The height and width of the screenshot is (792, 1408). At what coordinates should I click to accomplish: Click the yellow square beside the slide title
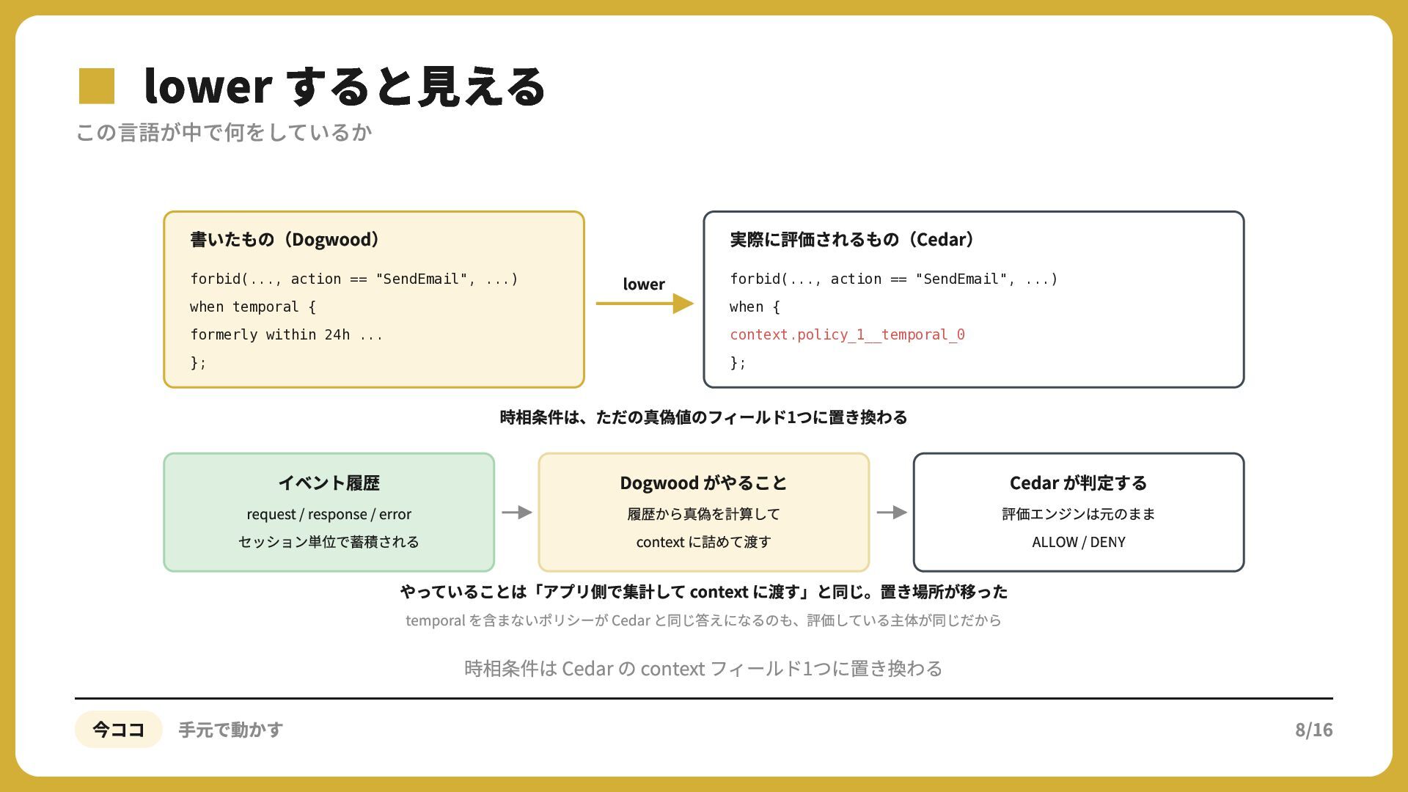(x=97, y=86)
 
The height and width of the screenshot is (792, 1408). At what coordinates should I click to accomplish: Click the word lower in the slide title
(x=208, y=87)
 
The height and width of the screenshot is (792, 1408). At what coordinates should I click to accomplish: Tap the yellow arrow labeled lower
(x=645, y=304)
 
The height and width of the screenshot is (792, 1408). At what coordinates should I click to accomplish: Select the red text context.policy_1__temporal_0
(x=847, y=335)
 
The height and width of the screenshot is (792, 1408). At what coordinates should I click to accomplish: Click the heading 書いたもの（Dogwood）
(x=285, y=240)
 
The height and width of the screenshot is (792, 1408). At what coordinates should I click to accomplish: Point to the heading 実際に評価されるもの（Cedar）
(x=851, y=240)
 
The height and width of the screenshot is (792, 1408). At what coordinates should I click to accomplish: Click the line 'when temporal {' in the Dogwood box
(x=253, y=307)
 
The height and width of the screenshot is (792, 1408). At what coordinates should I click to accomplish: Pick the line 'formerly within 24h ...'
(x=286, y=335)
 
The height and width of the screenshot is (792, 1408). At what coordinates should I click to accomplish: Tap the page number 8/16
(x=1313, y=730)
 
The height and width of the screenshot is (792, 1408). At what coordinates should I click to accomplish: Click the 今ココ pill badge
(x=118, y=730)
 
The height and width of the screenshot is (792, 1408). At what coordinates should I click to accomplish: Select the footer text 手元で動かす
(x=231, y=730)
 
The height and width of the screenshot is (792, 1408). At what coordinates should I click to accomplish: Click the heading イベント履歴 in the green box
(x=329, y=483)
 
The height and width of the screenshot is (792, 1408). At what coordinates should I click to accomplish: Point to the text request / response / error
(x=329, y=514)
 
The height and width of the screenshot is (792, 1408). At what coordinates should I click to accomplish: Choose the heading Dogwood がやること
(x=703, y=483)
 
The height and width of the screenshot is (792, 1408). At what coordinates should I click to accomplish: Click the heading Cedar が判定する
(x=1078, y=483)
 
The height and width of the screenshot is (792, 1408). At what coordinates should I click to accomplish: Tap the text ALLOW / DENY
(x=1078, y=542)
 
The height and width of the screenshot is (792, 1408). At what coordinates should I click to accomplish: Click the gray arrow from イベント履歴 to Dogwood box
(x=517, y=513)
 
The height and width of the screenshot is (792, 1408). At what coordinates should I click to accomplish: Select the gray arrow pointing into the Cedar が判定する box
(x=892, y=513)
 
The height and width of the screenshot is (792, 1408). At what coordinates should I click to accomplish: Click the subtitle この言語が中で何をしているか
(x=224, y=133)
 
